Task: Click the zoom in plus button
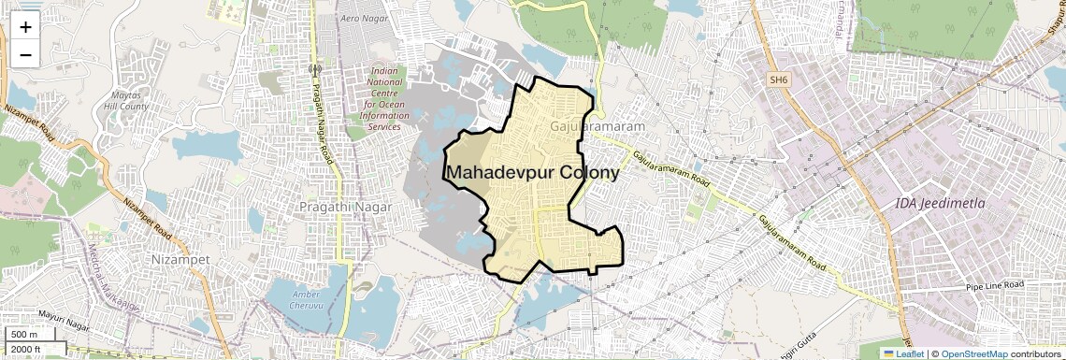(25, 27)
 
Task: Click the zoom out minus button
(25, 55)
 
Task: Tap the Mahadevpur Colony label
(532, 173)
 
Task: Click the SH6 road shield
(779, 80)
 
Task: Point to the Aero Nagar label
(364, 19)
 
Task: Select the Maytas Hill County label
(127, 101)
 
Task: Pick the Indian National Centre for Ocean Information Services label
(384, 98)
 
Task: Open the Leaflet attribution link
(902, 353)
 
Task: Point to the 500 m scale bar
(25, 335)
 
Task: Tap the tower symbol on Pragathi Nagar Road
(315, 68)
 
